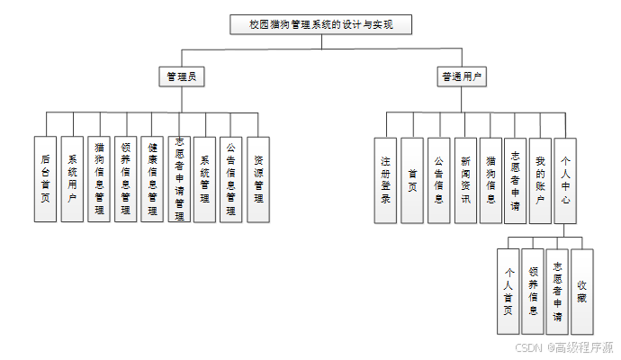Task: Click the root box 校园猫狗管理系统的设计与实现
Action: [320, 25]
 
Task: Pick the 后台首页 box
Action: [45, 179]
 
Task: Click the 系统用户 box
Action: [72, 179]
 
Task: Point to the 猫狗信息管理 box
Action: [99, 179]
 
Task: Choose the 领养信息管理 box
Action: [126, 179]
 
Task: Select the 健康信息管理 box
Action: [153, 179]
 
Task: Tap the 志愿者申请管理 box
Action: [179, 179]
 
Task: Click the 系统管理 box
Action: [205, 179]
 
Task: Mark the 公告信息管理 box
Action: [231, 179]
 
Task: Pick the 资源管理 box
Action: [258, 179]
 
